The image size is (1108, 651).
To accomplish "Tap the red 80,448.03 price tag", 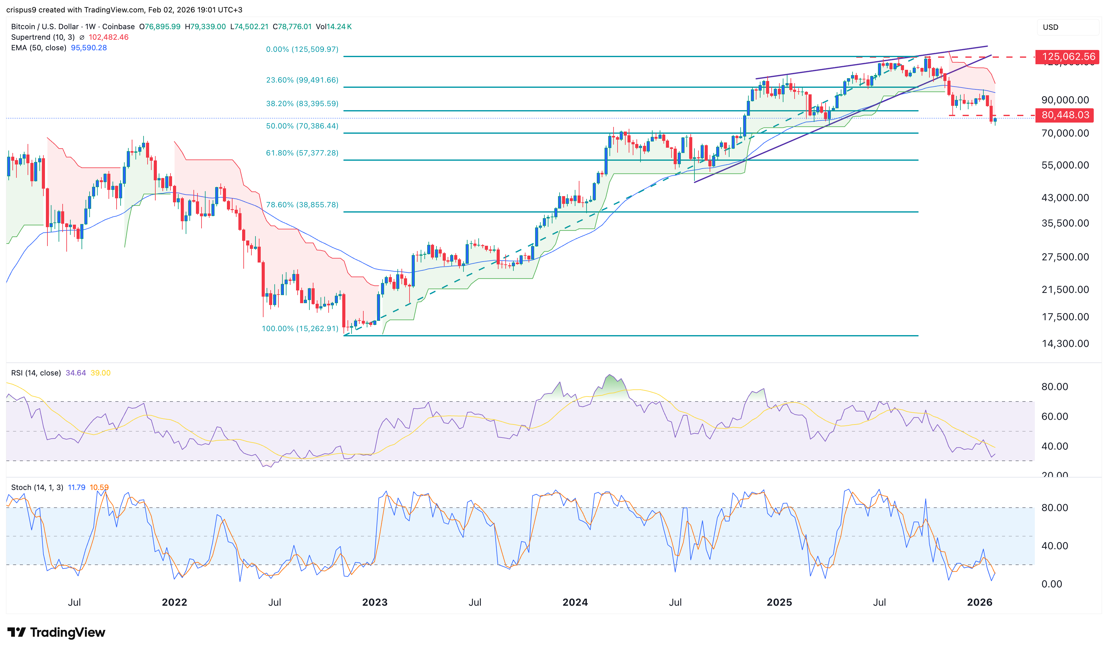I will (x=1065, y=115).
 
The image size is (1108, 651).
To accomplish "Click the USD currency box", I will (x=1051, y=27).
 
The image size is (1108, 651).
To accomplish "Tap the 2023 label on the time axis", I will (x=375, y=603).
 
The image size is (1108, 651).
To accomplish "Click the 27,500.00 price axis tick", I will (x=1065, y=257).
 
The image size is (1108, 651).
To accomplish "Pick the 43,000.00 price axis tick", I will (x=1065, y=198).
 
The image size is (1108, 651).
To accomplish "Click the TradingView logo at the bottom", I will (x=56, y=632).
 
